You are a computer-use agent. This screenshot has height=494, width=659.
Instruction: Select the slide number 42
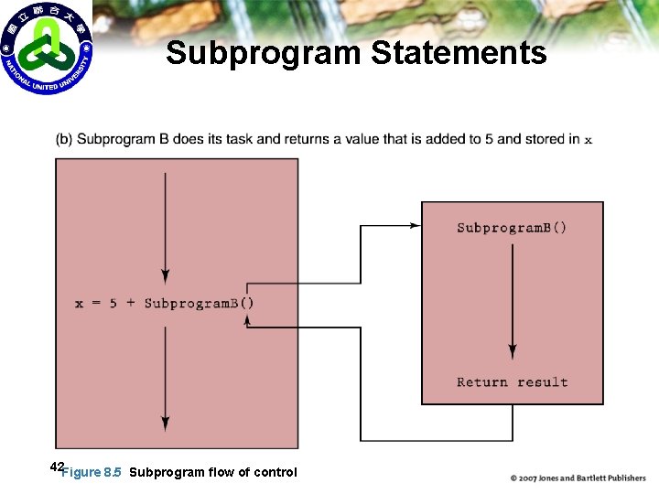tap(57, 467)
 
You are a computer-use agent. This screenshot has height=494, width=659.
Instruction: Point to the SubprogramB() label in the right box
tap(512, 227)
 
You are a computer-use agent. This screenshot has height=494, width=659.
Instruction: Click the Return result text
tap(512, 381)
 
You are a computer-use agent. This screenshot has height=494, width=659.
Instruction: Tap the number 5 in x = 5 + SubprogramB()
tap(113, 303)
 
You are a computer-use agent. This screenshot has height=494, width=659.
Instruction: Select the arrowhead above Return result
tap(513, 352)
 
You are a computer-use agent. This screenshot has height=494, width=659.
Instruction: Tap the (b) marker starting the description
tap(64, 139)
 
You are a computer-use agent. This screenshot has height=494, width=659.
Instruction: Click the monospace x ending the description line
tap(588, 140)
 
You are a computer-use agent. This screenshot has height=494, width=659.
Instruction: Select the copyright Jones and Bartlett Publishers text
tap(578, 478)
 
